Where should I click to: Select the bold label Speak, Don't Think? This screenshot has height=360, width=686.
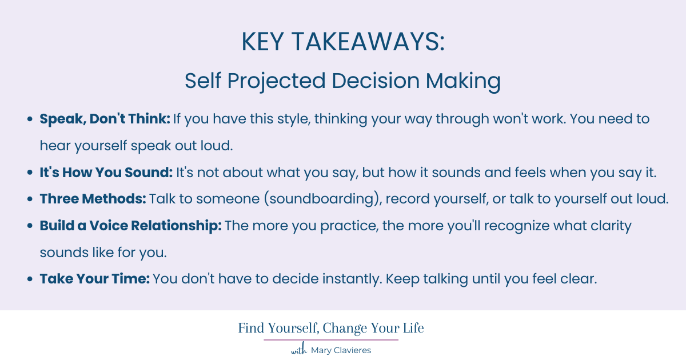pyautogui.click(x=105, y=119)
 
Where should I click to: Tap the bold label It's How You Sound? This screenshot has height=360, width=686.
pyautogui.click(x=106, y=173)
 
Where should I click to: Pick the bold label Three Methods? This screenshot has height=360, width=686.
pyautogui.click(x=93, y=199)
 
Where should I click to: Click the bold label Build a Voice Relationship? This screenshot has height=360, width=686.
pyautogui.click(x=130, y=226)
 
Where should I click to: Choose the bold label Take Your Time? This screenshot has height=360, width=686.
pyautogui.click(x=94, y=279)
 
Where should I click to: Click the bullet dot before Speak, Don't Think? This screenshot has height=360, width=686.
pyautogui.click(x=30, y=120)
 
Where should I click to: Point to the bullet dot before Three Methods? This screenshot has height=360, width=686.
pyautogui.click(x=30, y=199)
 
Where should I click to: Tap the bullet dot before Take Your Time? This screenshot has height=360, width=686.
pyautogui.click(x=30, y=279)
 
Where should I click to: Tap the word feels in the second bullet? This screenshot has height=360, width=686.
pyautogui.click(x=503, y=173)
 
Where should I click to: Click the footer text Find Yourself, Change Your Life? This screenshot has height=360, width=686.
pyautogui.click(x=331, y=329)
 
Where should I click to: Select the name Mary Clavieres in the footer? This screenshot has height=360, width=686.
pyautogui.click(x=341, y=350)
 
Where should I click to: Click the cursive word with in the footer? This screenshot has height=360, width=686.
pyautogui.click(x=299, y=350)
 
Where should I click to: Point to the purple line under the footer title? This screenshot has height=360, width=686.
pyautogui.click(x=331, y=340)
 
